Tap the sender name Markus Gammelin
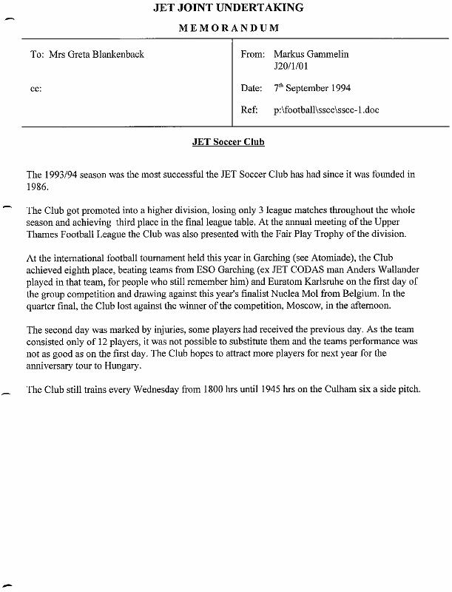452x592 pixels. [311, 55]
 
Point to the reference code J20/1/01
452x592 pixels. [291, 67]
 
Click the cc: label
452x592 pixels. [36, 89]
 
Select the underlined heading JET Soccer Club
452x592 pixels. [228, 141]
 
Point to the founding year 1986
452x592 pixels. [38, 186]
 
